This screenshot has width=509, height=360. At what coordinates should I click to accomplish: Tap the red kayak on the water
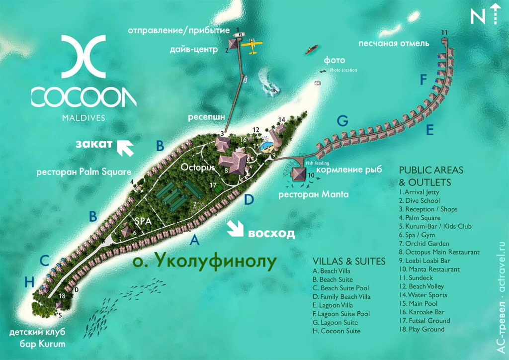click(x=312, y=49)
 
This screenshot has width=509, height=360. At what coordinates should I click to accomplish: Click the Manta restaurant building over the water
click(x=299, y=175)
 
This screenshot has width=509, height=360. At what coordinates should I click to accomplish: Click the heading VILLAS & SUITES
click(x=349, y=262)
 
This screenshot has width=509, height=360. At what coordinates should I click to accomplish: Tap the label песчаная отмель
click(x=393, y=44)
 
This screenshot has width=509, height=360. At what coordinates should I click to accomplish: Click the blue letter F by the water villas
click(x=424, y=80)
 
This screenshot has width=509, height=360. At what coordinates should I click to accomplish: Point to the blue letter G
click(x=342, y=120)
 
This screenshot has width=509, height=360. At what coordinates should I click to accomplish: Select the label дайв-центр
click(x=196, y=49)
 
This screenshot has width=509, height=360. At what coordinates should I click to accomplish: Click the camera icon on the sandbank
click(x=318, y=83)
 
